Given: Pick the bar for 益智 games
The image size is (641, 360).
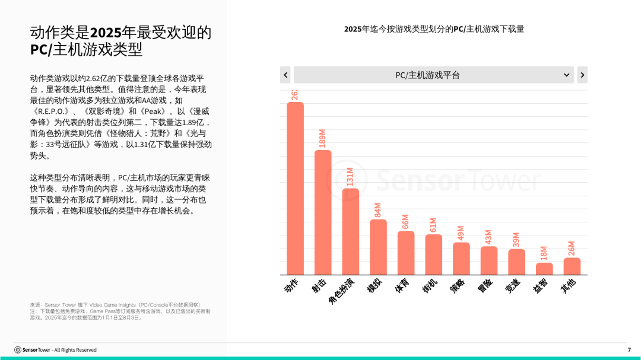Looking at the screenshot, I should pos(544,269).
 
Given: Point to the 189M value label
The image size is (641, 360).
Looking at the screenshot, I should pos(323,138).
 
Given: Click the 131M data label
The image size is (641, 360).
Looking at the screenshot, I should pos(350,177).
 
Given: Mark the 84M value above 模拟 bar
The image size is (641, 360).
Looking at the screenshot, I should pos(378,210).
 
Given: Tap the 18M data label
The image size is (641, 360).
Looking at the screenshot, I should pos(544,253).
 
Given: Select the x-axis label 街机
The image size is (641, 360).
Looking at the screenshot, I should pos(431,286).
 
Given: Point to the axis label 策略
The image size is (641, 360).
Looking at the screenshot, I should pos(458,286).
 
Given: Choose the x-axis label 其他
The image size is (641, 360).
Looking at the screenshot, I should pos(569,286).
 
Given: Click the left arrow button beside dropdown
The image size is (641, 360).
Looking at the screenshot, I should pos(285,75).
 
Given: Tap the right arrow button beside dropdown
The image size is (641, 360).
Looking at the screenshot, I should pos(582,75).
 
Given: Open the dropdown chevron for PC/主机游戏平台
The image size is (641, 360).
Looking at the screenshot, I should pos(567,75).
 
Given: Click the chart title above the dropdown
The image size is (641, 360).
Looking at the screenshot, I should pos(434,29).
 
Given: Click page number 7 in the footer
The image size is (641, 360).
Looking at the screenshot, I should pos(629,350).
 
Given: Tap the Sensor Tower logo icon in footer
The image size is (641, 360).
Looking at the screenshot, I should pos(18,350).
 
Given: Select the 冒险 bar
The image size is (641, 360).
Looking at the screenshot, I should pos(489,260).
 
